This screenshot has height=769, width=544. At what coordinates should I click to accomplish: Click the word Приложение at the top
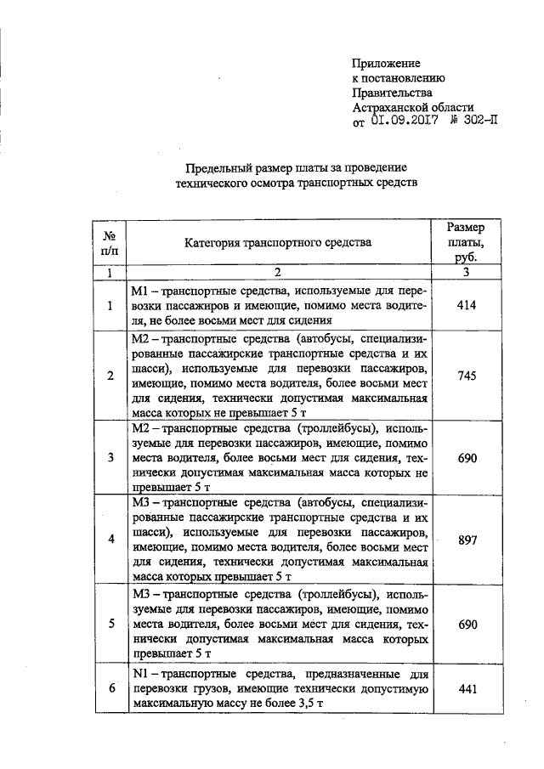click(387, 64)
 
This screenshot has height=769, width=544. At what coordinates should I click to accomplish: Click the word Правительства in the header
click(393, 93)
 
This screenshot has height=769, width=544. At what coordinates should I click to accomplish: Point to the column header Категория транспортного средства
click(278, 242)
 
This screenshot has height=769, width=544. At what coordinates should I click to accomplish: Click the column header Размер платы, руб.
click(467, 242)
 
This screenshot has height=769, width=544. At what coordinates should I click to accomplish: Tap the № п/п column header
click(110, 242)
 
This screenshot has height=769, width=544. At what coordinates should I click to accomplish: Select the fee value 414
click(467, 306)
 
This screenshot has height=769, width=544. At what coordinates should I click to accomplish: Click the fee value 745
click(467, 376)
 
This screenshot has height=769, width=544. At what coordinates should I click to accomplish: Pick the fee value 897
click(467, 540)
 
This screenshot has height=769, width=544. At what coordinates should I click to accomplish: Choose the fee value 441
click(467, 689)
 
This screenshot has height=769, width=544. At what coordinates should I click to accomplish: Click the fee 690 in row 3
click(467, 458)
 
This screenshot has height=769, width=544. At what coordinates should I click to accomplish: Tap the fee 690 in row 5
click(467, 624)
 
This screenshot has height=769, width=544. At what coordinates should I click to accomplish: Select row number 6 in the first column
click(110, 689)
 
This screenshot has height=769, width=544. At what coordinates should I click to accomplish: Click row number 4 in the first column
click(110, 540)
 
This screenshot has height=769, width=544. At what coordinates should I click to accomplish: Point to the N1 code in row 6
click(142, 675)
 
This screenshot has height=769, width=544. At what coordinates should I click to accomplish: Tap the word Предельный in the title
click(216, 167)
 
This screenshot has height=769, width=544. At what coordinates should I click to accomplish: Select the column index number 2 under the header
click(277, 273)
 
